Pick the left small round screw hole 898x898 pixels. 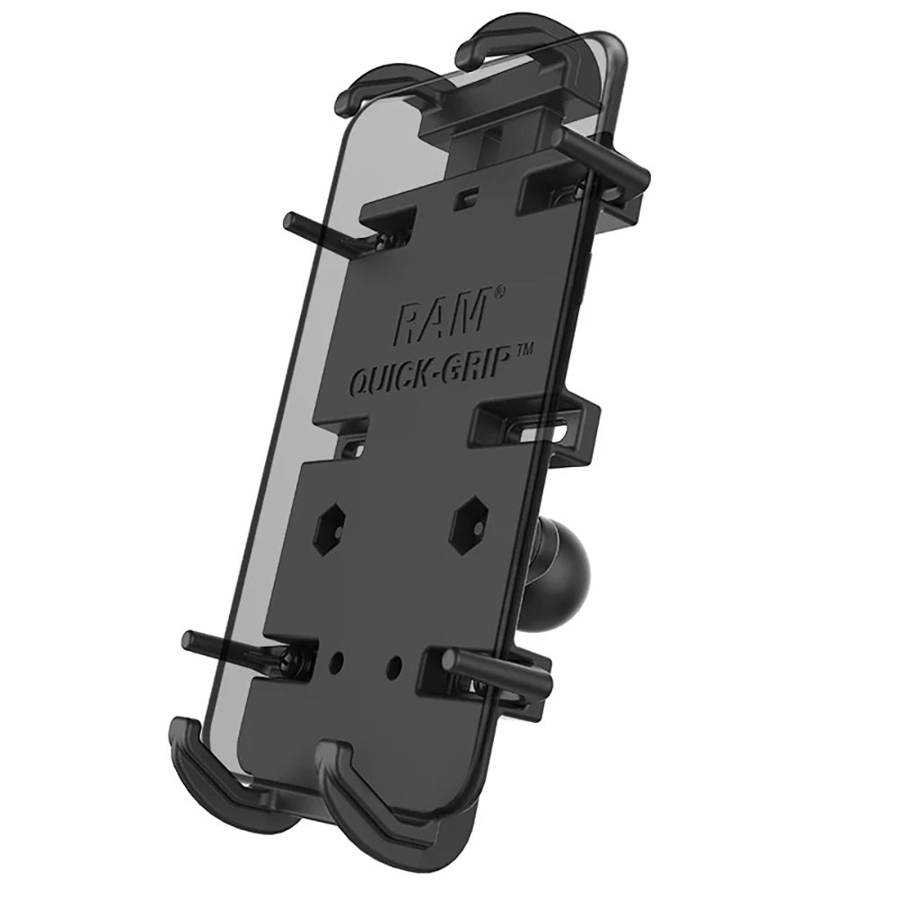click(x=338, y=663)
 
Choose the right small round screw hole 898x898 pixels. click(x=395, y=665)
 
